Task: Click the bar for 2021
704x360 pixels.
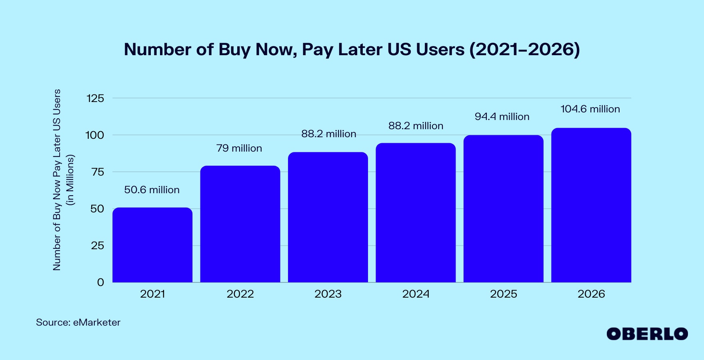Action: (x=152, y=245)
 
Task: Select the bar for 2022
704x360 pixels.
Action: (x=240, y=224)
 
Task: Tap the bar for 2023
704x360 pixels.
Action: (x=328, y=217)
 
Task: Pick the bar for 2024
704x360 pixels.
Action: (x=416, y=212)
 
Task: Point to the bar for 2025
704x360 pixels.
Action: (x=503, y=208)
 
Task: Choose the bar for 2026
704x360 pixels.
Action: (x=591, y=205)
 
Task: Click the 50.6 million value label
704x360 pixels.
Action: (x=152, y=190)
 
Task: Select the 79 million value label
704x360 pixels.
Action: (x=239, y=148)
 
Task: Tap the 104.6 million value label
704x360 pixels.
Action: (x=590, y=109)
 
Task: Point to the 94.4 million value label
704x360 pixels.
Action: (x=502, y=116)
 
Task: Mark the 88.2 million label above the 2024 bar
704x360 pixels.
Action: (x=416, y=126)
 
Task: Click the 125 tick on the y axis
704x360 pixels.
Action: (x=95, y=98)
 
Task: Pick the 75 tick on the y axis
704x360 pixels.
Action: (x=98, y=172)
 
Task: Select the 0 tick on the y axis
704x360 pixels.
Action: (x=101, y=282)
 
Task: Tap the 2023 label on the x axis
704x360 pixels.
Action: (x=328, y=294)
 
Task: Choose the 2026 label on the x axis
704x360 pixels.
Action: (x=591, y=294)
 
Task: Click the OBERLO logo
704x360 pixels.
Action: (x=647, y=334)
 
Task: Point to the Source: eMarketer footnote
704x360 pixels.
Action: (x=78, y=322)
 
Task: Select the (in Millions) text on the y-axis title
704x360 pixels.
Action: (x=70, y=180)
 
